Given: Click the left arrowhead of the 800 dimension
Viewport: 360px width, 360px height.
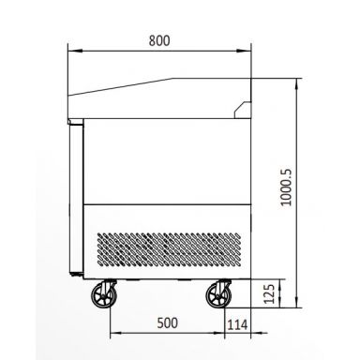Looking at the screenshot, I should click(x=71, y=52).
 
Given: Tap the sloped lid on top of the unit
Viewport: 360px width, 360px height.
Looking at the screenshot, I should click(x=159, y=89).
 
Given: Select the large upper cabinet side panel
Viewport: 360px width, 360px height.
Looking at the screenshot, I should click(x=169, y=159).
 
